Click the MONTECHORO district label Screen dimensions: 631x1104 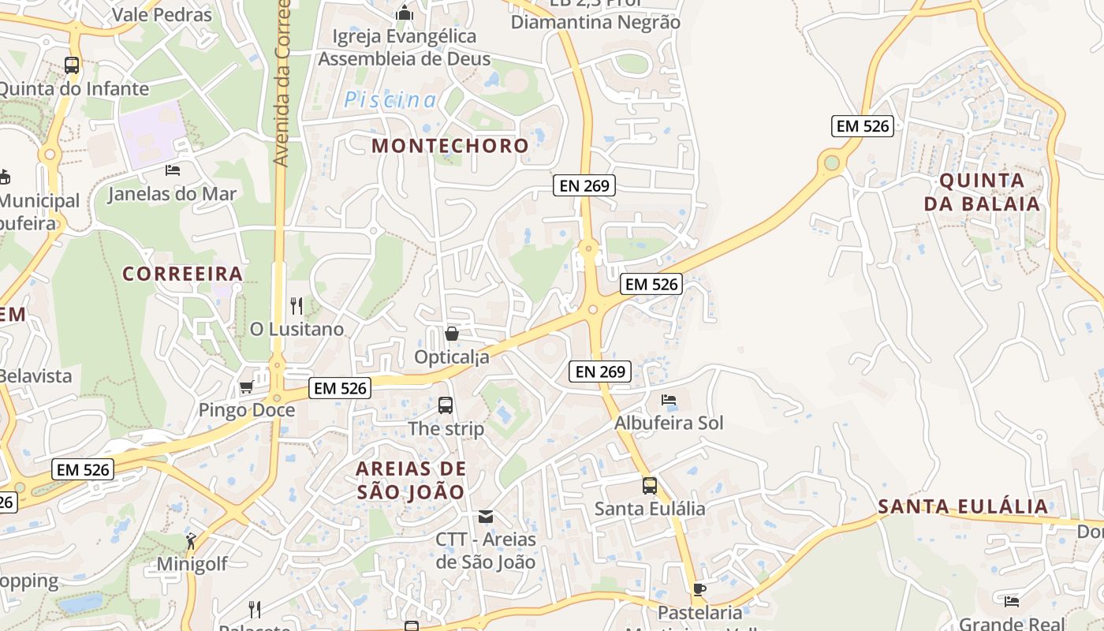449,145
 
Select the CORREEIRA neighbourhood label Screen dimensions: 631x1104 182,274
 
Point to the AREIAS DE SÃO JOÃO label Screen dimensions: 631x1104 411,480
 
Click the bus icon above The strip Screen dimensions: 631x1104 446,405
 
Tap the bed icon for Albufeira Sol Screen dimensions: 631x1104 669,400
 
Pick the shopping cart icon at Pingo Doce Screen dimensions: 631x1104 246,387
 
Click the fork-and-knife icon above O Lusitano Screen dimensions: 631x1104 297,305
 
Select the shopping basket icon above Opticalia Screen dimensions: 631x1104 452,334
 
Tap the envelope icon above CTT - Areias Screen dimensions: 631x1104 486,517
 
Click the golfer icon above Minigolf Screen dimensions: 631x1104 191,541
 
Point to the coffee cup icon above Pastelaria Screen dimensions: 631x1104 699,589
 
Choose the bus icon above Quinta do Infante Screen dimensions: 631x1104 72,65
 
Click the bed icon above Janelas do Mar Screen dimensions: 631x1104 173,170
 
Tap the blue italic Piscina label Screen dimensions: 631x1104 390,100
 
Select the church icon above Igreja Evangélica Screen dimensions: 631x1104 405,13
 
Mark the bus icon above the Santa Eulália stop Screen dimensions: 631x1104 650,485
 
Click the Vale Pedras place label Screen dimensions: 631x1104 162,14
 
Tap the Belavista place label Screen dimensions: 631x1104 35,375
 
